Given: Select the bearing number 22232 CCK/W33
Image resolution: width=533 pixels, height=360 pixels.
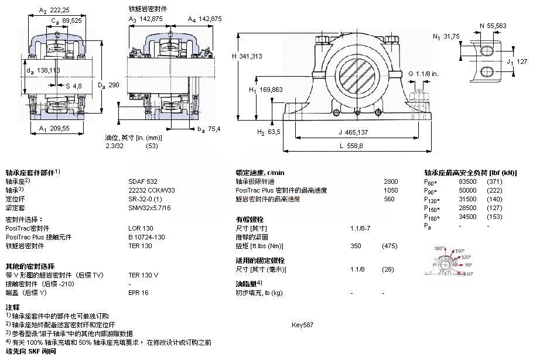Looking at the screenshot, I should coord(151,190).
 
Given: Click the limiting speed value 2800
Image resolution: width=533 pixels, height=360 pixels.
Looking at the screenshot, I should coord(390,181).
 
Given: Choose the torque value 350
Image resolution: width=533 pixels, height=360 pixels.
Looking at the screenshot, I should coord(356,246).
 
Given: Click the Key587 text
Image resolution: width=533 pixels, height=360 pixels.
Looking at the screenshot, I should coord(303,324).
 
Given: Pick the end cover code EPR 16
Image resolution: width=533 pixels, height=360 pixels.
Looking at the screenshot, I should coord(139,292).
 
